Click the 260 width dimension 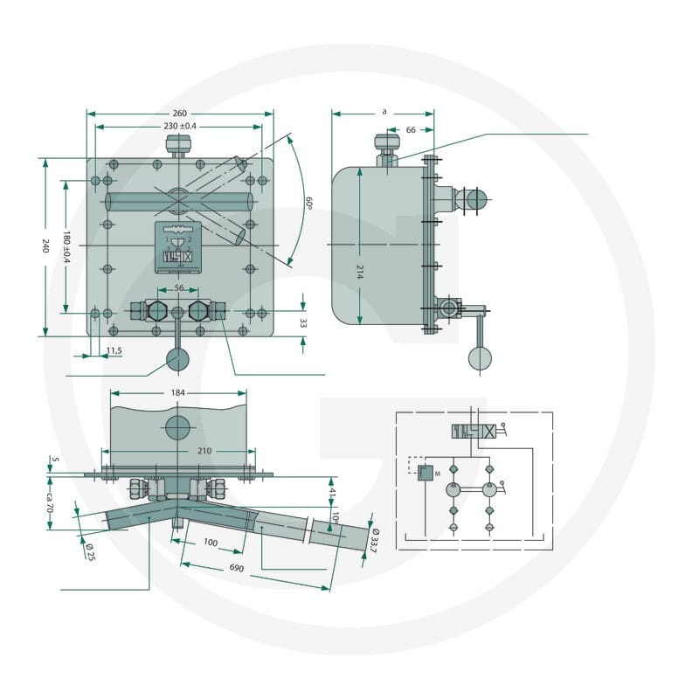180,114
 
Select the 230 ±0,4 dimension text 180,126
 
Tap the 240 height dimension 45,246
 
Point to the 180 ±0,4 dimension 66,246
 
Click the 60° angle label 308,203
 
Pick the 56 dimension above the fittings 179,288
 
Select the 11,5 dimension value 114,351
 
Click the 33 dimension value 303,323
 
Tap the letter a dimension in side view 384,112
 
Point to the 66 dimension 411,129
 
